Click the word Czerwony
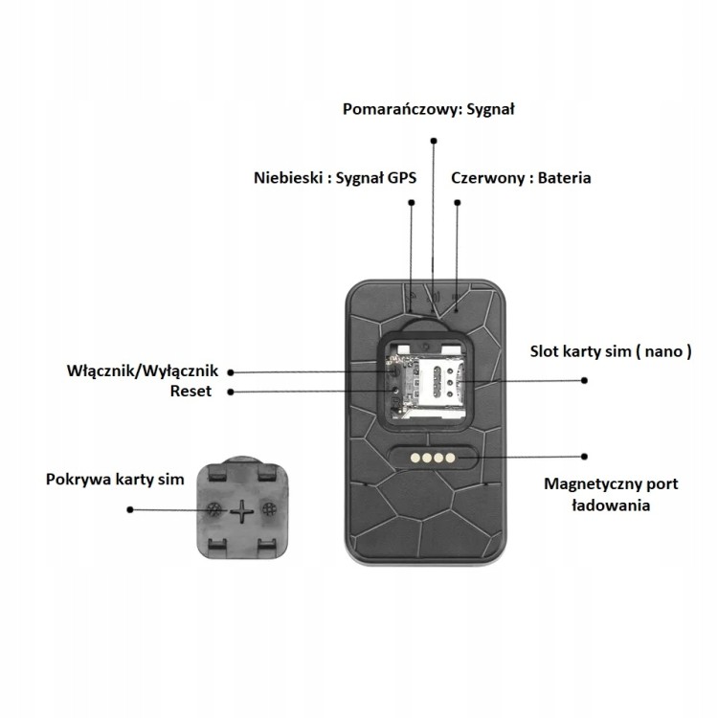[489, 178]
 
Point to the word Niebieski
[287, 178]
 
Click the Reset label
[191, 391]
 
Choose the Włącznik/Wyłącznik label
[145, 370]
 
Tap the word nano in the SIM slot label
[662, 350]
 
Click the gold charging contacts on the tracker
[427, 458]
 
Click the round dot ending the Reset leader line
[233, 392]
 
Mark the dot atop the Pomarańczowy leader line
[434, 140]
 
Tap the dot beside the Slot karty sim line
[584, 380]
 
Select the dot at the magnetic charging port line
[586, 457]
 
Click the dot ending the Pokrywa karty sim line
[133, 510]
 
